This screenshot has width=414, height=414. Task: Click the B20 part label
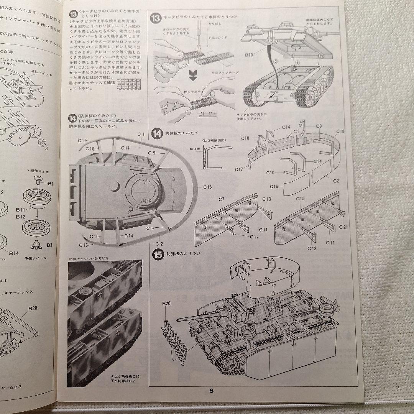[166, 304]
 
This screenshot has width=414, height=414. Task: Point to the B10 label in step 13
[248, 55]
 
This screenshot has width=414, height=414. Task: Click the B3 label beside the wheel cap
[49, 245]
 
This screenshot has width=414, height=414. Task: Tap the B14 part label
[14, 253]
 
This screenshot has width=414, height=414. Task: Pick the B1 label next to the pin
[50, 184]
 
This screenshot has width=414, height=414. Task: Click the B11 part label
[20, 210]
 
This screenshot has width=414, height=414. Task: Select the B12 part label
[20, 217]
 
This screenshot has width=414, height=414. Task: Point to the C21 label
[343, 227]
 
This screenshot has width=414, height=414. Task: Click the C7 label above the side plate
[222, 199]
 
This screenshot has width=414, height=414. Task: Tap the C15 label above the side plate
[300, 198]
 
